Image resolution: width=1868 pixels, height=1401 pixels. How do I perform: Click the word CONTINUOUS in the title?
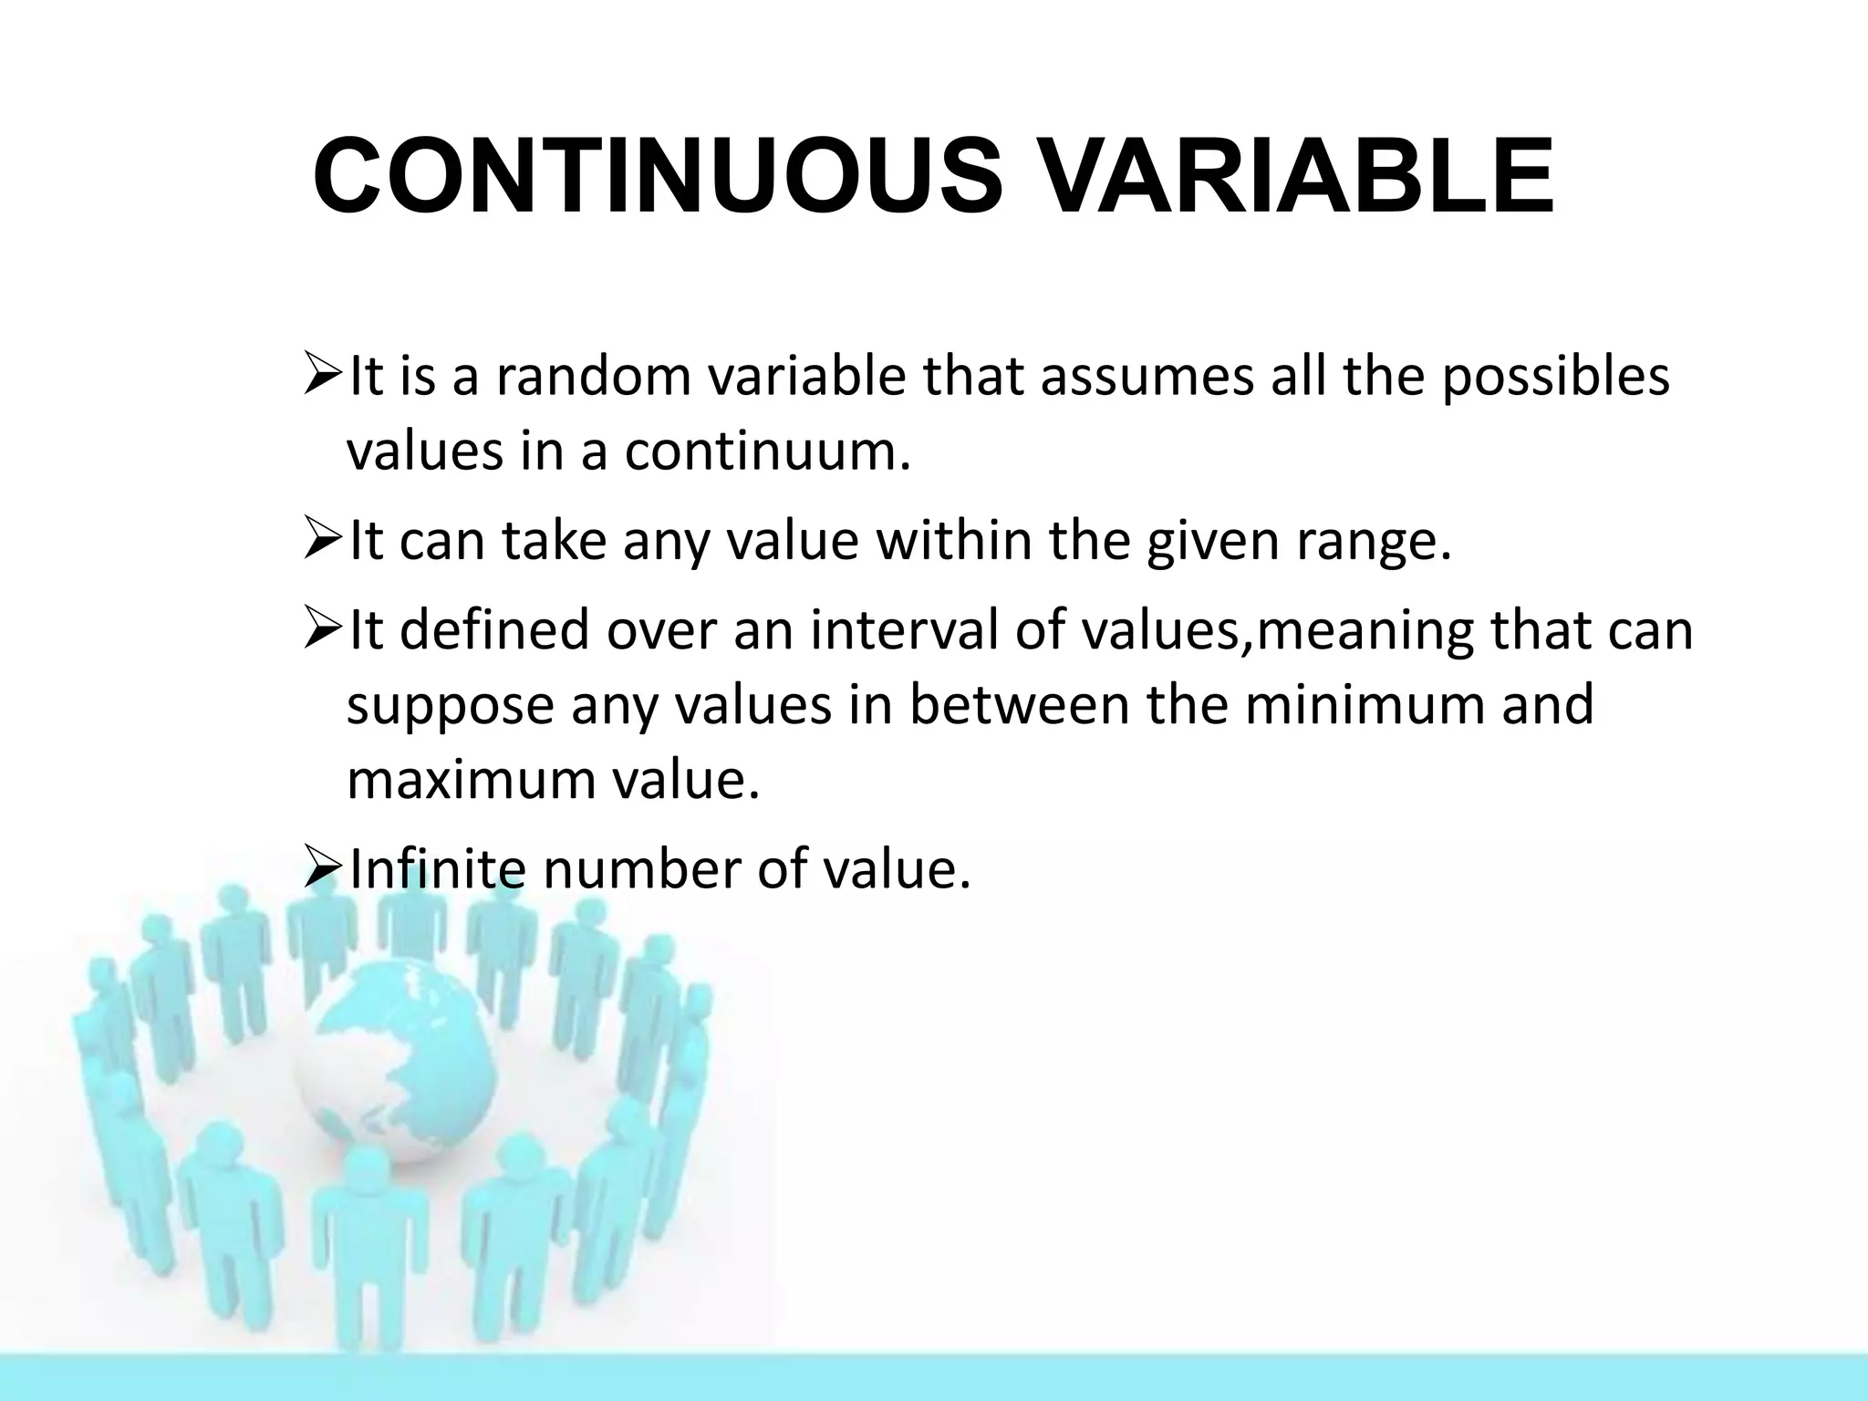tap(657, 175)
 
